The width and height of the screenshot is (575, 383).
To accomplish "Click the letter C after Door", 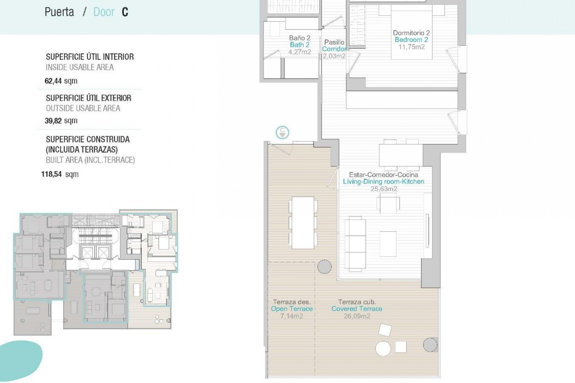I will point(125,12).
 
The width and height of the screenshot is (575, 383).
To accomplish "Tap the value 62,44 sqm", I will point(61,81).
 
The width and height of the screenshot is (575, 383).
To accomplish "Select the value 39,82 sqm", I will point(61,121).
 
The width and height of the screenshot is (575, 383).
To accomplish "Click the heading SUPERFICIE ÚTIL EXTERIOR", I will point(88,98).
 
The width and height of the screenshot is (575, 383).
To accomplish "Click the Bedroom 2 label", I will point(411,40).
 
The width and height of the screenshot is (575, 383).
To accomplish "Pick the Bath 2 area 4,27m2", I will point(299,52).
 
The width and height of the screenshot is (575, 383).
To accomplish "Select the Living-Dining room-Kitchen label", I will point(383,182).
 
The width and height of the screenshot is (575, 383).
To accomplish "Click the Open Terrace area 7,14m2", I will point(291,316).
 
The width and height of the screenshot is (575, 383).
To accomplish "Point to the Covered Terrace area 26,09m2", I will point(357,316).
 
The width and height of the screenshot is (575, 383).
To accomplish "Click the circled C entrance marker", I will point(282,132).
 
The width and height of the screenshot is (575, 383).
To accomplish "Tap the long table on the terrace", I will point(303,223).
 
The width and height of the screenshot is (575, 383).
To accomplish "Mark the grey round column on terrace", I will point(324,266).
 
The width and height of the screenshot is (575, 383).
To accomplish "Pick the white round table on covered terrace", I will point(383,349).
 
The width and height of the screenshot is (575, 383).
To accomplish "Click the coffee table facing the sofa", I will point(388,244).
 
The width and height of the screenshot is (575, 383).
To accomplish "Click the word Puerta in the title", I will point(59,12).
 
